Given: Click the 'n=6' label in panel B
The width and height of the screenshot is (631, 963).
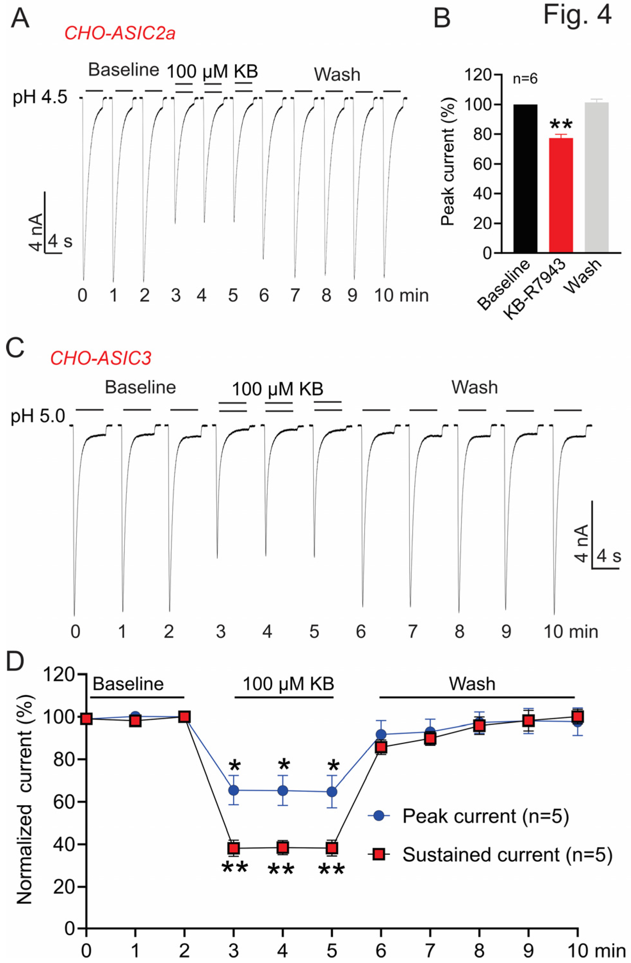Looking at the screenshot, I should click(525, 79).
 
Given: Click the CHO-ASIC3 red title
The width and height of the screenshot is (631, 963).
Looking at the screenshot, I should click(101, 358).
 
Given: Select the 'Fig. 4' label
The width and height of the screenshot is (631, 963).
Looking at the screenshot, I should click(577, 15).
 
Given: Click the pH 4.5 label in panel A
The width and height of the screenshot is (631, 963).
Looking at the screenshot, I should click(40, 98).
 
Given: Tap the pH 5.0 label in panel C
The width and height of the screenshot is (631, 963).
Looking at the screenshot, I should click(38, 416).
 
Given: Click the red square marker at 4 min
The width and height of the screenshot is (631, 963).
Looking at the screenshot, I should click(283, 847).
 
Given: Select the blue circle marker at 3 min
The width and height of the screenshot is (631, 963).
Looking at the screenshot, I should click(233, 790).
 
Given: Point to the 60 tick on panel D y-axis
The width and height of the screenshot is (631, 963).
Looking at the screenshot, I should click(64, 802).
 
